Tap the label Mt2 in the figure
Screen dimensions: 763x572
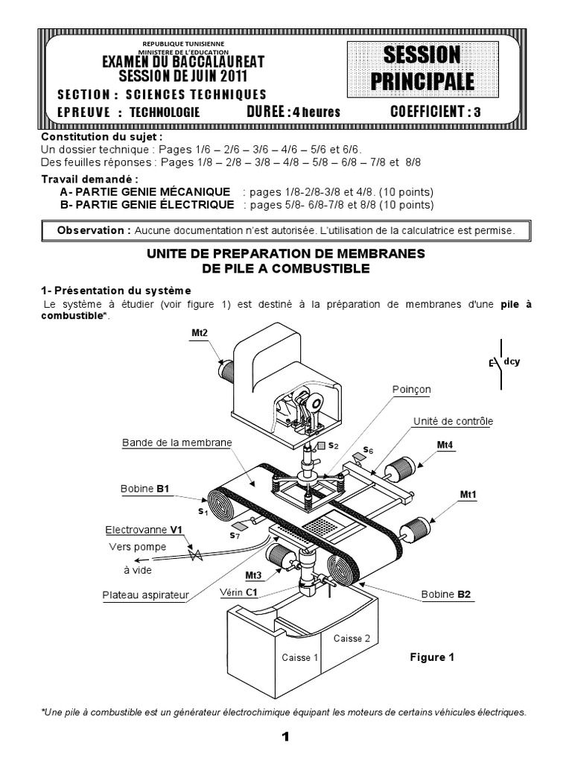point(199,332)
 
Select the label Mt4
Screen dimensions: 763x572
point(445,446)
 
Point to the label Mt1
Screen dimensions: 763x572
point(468,494)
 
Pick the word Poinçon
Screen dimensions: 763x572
point(411,390)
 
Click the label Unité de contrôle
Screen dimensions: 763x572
point(453,421)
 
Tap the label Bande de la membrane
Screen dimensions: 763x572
point(177,443)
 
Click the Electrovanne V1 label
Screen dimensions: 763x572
point(144,530)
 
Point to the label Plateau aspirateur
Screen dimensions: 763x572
point(145,595)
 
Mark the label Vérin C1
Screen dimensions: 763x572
point(238,592)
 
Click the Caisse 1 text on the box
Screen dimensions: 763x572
point(299,657)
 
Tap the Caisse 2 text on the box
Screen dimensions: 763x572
point(352,638)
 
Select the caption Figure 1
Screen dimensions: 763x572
point(432,657)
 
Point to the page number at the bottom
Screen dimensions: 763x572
point(285,738)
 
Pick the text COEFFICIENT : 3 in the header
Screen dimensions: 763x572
point(439,113)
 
